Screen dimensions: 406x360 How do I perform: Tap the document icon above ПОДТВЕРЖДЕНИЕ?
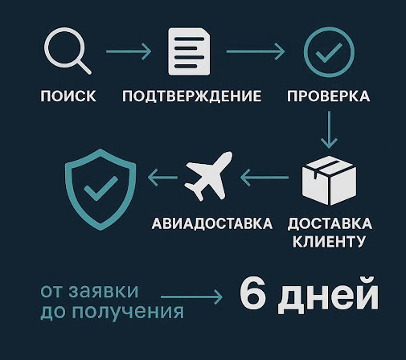tap(189, 51)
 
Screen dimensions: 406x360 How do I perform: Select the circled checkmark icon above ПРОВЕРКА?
tap(329, 52)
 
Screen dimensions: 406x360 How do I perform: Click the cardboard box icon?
tap(330, 180)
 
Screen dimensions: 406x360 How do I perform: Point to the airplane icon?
tap(208, 176)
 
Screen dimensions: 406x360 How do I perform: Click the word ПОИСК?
tap(68, 96)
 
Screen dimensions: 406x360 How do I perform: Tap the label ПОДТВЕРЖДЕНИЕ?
tap(192, 96)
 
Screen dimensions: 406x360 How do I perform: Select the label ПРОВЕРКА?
tap(329, 96)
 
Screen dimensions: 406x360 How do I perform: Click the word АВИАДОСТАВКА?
tap(212, 223)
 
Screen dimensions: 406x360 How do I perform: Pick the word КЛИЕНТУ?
tap(329, 241)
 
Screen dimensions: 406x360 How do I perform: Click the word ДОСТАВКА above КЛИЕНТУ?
tap(330, 224)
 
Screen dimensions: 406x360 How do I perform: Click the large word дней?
tap(328, 296)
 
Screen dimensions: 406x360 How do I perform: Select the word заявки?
tap(104, 291)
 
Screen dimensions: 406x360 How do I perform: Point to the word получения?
tap(128, 311)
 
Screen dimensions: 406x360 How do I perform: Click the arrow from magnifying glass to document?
tap(129, 51)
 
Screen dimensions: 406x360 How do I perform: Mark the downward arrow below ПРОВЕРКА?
tap(329, 129)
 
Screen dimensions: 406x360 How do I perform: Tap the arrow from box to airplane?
tap(265, 178)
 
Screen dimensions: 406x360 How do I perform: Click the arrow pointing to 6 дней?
tap(191, 297)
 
